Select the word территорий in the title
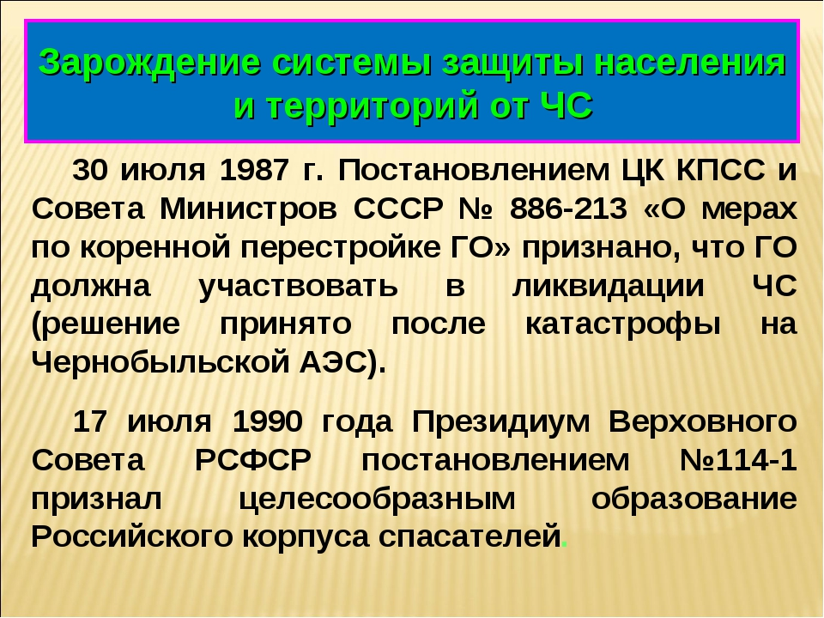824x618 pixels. pos(373,106)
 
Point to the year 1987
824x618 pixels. pos(254,170)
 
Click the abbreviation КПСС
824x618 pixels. pos(720,170)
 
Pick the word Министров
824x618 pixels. pos(248,209)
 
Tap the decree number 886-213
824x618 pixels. pos(568,209)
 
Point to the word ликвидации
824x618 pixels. pos(608,287)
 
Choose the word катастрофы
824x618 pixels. pos(623,325)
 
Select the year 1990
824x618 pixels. pos(267,421)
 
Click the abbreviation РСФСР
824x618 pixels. pos(252,461)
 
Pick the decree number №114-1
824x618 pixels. pos(738,461)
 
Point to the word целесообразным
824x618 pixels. pos(377,500)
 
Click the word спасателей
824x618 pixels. pos(470,537)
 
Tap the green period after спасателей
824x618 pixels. pos(565,546)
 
